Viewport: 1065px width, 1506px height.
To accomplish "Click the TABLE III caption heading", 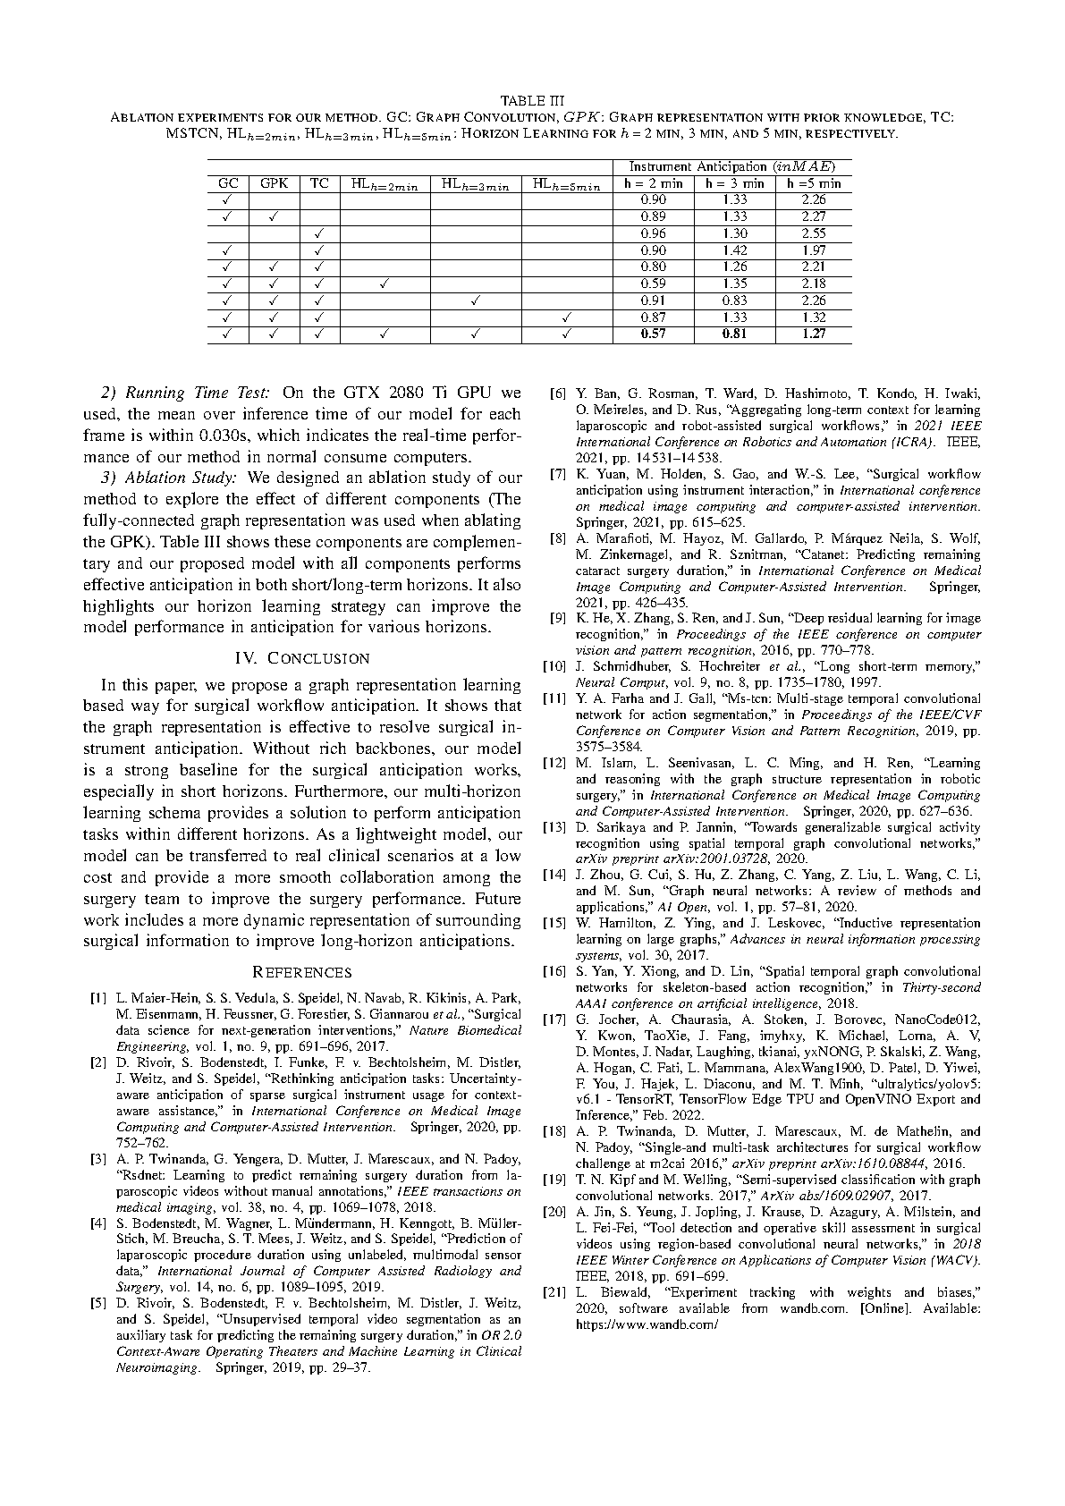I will (532, 99).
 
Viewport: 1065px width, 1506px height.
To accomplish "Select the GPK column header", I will (274, 183).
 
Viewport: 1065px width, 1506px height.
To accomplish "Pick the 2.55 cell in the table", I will (813, 233).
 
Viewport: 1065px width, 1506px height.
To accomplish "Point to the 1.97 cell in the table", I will (813, 250).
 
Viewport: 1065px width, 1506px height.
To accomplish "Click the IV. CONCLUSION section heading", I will (302, 658).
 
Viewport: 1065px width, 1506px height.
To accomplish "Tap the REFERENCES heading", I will (302, 972).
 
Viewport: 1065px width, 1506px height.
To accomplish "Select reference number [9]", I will (557, 619).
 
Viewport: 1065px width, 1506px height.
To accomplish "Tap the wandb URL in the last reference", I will (647, 1324).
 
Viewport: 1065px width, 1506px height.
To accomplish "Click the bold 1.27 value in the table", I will (813, 334).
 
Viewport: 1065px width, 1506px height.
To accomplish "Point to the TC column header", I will (319, 183).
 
